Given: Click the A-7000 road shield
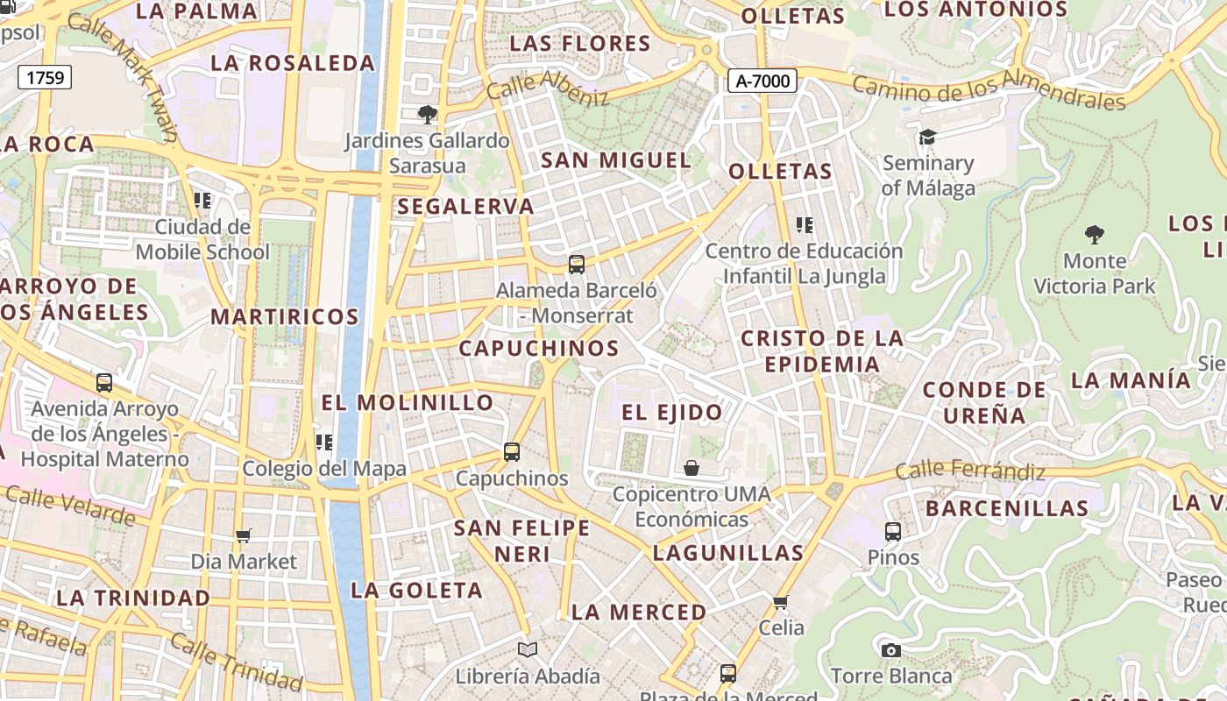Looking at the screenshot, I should pos(762,81).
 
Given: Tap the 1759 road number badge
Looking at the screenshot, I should pos(45,78).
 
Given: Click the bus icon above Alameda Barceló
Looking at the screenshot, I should pos(577,264).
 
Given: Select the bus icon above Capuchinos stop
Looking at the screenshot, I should pos(512,452).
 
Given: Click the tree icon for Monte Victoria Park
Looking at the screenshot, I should pos(1094,234).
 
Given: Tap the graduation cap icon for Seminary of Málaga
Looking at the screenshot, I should pos(927,137).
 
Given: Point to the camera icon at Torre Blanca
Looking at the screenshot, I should pos(891,650).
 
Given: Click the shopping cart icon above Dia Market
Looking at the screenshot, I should pos(244,535).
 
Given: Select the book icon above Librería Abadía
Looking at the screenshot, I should pos(527,649).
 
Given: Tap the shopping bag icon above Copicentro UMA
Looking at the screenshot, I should pos(692,468).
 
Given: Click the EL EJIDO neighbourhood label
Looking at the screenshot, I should pos(672,412).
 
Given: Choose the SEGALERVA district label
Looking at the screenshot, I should pos(465,207).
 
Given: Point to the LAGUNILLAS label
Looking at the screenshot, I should pos(727,553).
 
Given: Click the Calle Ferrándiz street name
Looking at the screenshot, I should pos(970,471).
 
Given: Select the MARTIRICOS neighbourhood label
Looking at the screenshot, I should pos(285,316).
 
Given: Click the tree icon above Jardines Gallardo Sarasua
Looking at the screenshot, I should pos(427,114).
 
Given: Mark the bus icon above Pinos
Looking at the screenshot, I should pos(893,531).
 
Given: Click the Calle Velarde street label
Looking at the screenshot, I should pos(71,506).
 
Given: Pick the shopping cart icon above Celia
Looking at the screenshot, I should pos(781,602).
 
